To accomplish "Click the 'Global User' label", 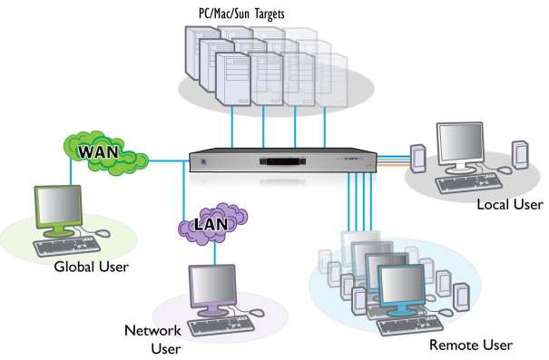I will pyautogui.click(x=92, y=266).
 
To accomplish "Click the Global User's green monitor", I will pyautogui.click(x=58, y=209).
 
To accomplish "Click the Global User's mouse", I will pyautogui.click(x=102, y=234).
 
